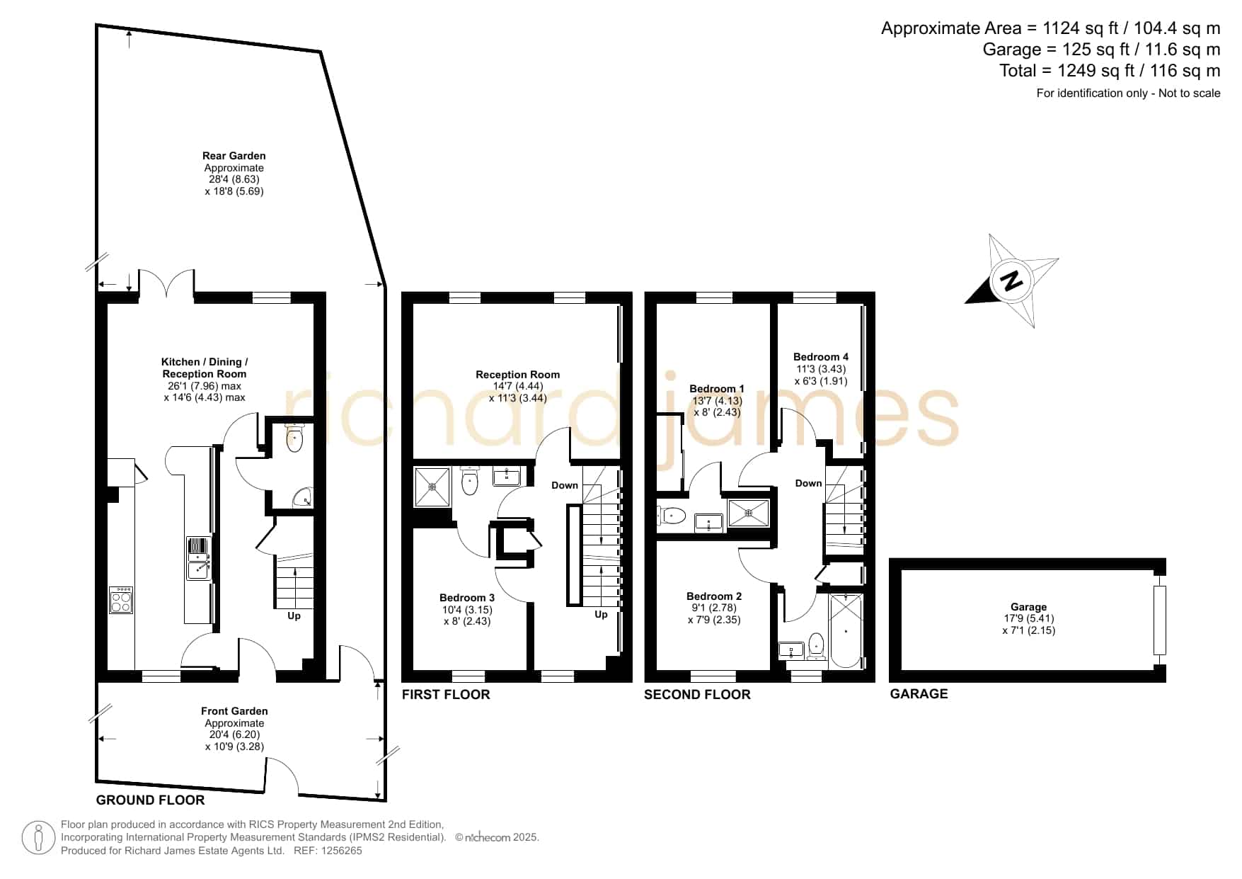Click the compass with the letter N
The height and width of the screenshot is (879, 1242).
pyautogui.click(x=1013, y=280)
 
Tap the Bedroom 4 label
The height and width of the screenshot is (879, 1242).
pyautogui.click(x=820, y=357)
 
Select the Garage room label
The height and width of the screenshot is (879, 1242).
pyautogui.click(x=1028, y=607)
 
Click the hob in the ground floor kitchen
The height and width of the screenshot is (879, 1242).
pyautogui.click(x=121, y=601)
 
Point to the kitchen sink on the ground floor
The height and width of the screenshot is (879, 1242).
pyautogui.click(x=198, y=557)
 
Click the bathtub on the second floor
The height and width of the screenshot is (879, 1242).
pyautogui.click(x=846, y=630)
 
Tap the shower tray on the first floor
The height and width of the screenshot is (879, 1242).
pyautogui.click(x=432, y=487)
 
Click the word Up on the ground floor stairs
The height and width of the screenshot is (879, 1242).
pyautogui.click(x=294, y=616)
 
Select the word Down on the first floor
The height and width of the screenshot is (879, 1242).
pyautogui.click(x=565, y=485)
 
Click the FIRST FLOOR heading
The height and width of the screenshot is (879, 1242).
pyautogui.click(x=446, y=694)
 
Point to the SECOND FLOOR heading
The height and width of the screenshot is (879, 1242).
pyautogui.click(x=697, y=694)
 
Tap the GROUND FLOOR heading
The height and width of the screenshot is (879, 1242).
pyautogui.click(x=150, y=800)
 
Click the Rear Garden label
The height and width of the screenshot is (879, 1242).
pyautogui.click(x=234, y=156)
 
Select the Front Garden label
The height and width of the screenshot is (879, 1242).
pyautogui.click(x=234, y=711)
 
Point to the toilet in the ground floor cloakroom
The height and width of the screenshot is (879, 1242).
pyautogui.click(x=294, y=438)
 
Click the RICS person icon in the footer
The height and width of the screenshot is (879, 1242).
pyautogui.click(x=39, y=837)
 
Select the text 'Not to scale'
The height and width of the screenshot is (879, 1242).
pyautogui.click(x=1190, y=93)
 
